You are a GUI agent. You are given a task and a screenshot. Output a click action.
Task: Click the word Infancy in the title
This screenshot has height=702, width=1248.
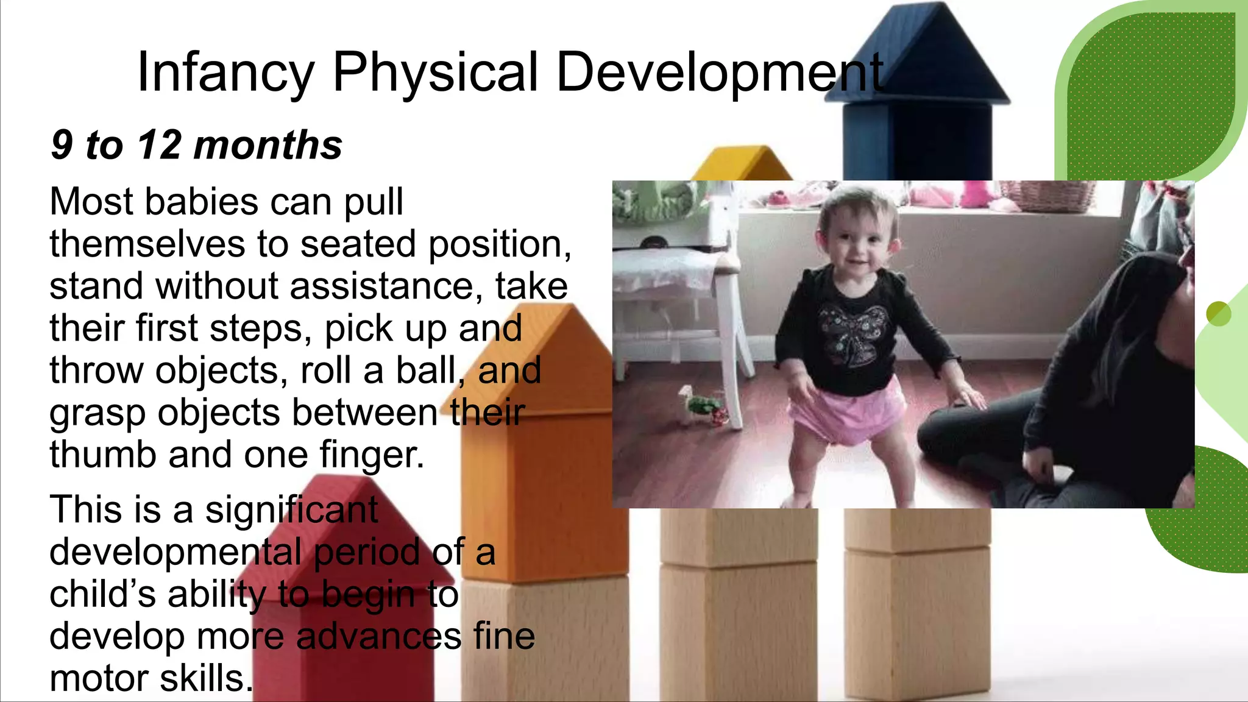[225, 73]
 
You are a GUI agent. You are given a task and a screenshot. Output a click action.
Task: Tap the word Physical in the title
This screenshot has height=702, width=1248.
[436, 73]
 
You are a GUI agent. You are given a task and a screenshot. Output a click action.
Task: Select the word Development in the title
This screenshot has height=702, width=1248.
[719, 73]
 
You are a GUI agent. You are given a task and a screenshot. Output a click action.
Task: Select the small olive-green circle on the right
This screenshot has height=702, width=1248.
[1218, 314]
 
